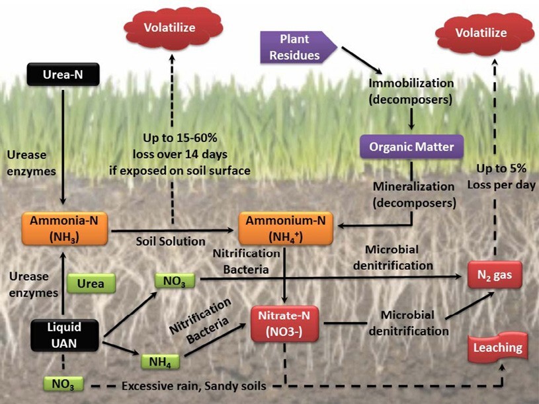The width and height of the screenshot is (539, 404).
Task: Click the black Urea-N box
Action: pyautogui.click(x=63, y=75)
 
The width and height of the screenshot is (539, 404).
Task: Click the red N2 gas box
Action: pyautogui.click(x=495, y=273)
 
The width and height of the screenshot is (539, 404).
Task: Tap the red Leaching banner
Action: pyautogui.click(x=496, y=347)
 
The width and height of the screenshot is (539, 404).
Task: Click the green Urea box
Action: pyautogui.click(x=91, y=284)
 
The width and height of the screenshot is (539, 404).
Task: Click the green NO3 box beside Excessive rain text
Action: pyautogui.click(x=63, y=384)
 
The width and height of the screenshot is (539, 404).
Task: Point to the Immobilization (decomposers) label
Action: pyautogui.click(x=412, y=92)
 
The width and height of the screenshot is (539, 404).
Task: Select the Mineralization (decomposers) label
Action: pyautogui.click(x=414, y=194)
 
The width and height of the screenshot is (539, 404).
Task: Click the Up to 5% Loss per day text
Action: pyautogui.click(x=501, y=178)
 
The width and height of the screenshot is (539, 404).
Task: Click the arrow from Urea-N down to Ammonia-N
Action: pyautogui.click(x=63, y=145)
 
